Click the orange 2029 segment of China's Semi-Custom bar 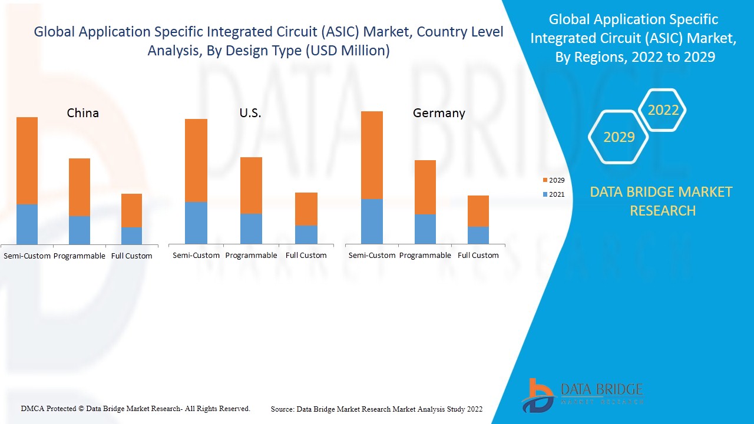27,160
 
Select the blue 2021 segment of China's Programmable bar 80,230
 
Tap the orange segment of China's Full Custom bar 131,210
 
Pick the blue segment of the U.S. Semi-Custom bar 196,223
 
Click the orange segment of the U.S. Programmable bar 251,185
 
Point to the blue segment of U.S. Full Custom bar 306,234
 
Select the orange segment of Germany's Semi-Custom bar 372,155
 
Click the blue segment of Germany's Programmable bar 425,228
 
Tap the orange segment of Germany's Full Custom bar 478,211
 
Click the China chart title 83,112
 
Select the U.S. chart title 250,113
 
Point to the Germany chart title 439,113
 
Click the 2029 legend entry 553,180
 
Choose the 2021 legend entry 553,194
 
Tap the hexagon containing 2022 663,110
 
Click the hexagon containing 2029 619,137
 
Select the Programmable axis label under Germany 425,255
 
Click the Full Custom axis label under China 131,256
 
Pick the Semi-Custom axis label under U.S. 196,255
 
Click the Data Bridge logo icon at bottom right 538,395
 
